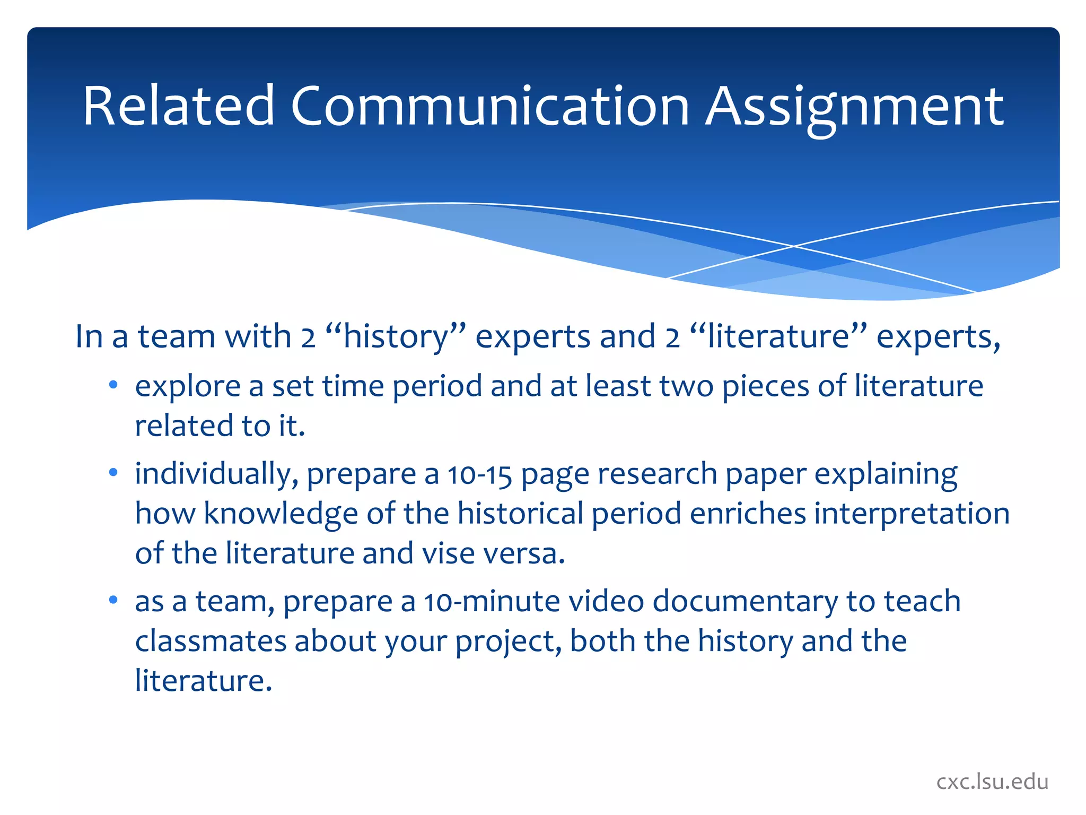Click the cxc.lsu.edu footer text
coord(992,782)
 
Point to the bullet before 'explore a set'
coord(113,386)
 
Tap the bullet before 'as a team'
coord(113,601)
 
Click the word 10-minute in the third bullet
coord(492,601)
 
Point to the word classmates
coord(211,641)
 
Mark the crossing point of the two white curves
coord(794,246)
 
